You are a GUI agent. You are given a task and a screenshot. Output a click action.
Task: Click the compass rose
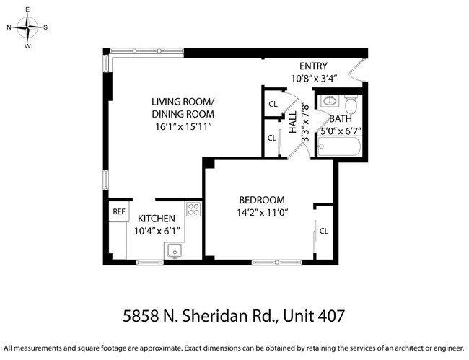click(x=27, y=28)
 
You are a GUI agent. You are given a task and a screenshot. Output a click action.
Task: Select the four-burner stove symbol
click(x=194, y=209)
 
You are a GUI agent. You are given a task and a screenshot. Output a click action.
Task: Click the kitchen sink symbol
click(x=175, y=250)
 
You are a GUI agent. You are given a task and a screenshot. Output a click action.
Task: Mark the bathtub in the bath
click(x=340, y=147)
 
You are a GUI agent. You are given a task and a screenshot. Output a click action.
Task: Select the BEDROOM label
click(x=262, y=200)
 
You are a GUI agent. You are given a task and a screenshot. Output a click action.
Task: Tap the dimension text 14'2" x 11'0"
click(x=262, y=214)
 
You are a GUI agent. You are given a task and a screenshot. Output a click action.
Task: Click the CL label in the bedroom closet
click(x=324, y=231)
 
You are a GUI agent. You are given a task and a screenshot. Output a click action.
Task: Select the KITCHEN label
click(x=157, y=219)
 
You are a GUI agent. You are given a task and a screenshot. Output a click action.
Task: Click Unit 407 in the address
click(x=315, y=315)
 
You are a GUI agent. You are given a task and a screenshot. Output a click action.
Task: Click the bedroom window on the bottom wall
click(x=278, y=262)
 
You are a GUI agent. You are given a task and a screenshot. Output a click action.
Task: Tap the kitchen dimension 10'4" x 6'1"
click(x=157, y=232)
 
